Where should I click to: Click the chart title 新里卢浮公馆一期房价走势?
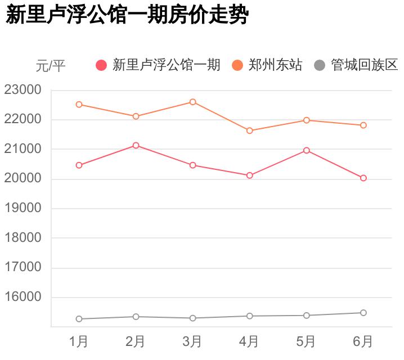click(x=127, y=16)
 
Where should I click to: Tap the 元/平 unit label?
click(x=51, y=66)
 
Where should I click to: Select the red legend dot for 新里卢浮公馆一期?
click(x=101, y=65)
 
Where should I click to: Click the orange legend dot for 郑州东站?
click(x=237, y=65)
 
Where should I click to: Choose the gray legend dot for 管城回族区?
click(x=320, y=65)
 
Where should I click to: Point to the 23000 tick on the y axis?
click(x=23, y=90)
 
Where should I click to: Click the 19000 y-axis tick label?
click(x=23, y=208)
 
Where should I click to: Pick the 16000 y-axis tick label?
click(x=23, y=297)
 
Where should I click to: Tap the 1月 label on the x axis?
click(x=79, y=341)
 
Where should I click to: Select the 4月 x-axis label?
click(x=249, y=341)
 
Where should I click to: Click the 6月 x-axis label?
click(x=363, y=341)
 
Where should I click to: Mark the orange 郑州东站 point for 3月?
click(x=192, y=102)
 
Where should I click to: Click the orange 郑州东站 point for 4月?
click(x=249, y=130)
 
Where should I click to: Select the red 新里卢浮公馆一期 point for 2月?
click(x=136, y=145)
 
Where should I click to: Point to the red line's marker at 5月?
click(x=306, y=150)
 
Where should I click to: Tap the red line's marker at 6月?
click(x=363, y=178)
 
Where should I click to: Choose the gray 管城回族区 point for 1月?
click(x=79, y=319)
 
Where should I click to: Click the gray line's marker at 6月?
click(x=363, y=313)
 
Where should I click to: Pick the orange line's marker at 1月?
click(x=79, y=105)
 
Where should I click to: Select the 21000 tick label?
click(x=23, y=149)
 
